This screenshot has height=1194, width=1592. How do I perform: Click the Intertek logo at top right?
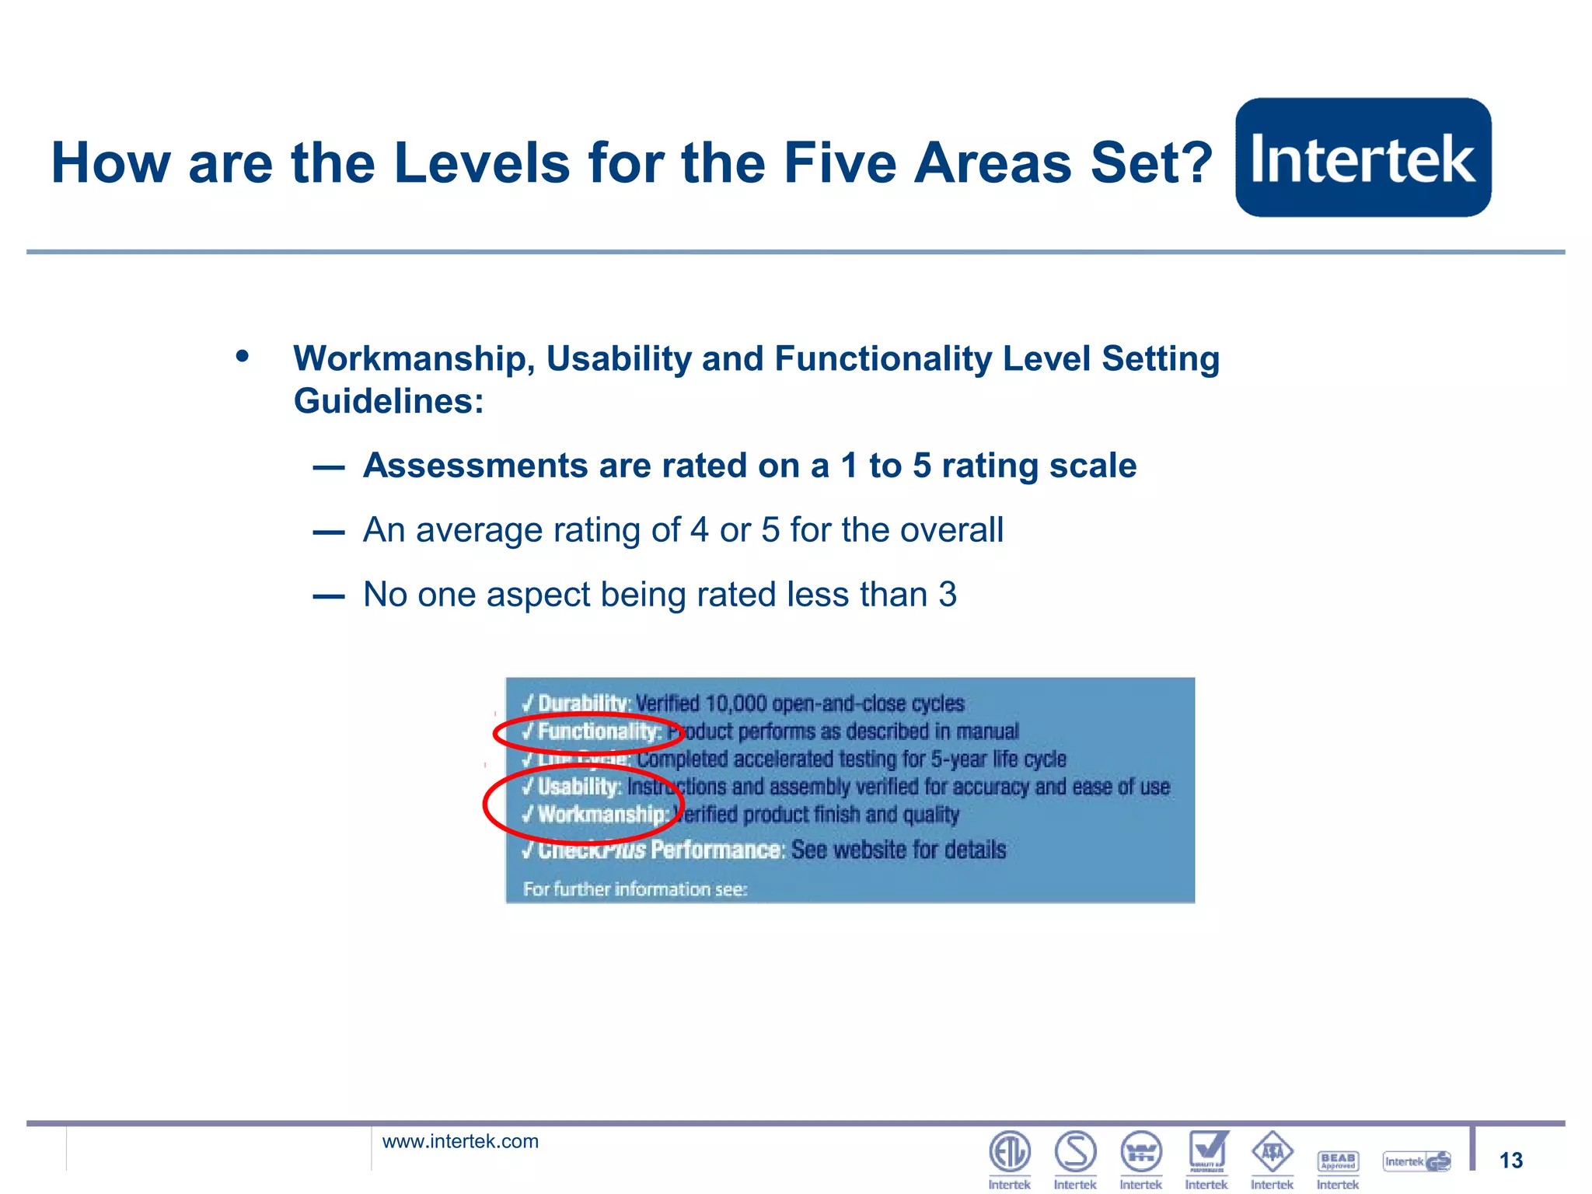click(1363, 158)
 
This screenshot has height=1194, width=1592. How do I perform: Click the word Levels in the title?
click(482, 163)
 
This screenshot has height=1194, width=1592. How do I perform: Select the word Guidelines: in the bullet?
click(389, 402)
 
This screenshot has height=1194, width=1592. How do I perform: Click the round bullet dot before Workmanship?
click(243, 357)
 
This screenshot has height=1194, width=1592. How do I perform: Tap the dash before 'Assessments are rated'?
click(328, 467)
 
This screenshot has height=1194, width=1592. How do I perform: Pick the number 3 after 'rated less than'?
click(948, 595)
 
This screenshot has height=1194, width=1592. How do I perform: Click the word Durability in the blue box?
click(583, 703)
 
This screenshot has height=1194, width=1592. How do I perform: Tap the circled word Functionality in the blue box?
click(598, 731)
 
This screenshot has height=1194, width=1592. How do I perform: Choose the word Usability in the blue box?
click(579, 787)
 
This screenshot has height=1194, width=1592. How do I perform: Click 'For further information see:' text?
click(635, 889)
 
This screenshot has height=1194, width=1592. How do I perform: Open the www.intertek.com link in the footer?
click(460, 1141)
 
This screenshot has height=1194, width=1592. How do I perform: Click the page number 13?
click(1510, 1161)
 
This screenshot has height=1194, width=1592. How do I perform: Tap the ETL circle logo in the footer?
click(1009, 1152)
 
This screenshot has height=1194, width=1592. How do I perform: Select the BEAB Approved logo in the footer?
click(1338, 1161)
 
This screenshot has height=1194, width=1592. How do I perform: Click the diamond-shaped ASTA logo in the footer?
click(1272, 1152)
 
